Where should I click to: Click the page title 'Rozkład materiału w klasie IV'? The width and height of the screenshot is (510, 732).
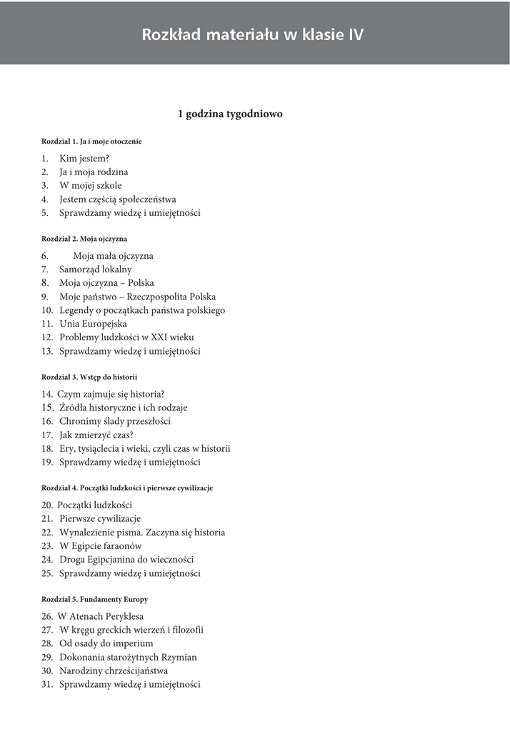pyautogui.click(x=252, y=35)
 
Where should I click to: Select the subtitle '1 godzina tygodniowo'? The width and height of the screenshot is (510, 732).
pyautogui.click(x=230, y=114)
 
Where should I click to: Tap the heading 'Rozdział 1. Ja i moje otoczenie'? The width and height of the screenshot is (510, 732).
pyautogui.click(x=91, y=142)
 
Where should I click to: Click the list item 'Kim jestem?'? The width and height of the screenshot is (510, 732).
pyautogui.click(x=84, y=159)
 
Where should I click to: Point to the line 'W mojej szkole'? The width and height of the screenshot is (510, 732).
pyautogui.click(x=91, y=186)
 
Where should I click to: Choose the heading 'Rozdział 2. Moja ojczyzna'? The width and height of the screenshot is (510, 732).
pyautogui.click(x=84, y=239)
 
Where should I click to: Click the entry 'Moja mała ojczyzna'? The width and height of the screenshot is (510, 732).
pyautogui.click(x=113, y=256)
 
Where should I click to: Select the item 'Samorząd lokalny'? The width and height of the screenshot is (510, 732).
pyautogui.click(x=96, y=269)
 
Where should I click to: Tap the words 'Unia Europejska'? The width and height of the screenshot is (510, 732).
pyautogui.click(x=94, y=324)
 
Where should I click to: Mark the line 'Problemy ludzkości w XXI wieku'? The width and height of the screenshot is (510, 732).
pyautogui.click(x=126, y=337)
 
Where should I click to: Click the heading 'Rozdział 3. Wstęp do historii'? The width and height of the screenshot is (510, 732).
pyautogui.click(x=89, y=377)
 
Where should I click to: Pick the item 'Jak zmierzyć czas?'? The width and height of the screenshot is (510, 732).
pyautogui.click(x=96, y=435)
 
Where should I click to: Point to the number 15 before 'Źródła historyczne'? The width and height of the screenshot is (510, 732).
pyautogui.click(x=48, y=407)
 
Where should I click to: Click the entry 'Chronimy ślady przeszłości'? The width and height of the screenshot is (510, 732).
pyautogui.click(x=115, y=421)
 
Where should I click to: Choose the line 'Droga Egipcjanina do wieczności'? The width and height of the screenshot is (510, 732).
pyautogui.click(x=126, y=560)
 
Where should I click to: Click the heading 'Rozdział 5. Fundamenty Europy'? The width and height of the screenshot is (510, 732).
pyautogui.click(x=94, y=599)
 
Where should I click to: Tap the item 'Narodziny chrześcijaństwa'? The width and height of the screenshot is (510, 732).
pyautogui.click(x=114, y=671)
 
